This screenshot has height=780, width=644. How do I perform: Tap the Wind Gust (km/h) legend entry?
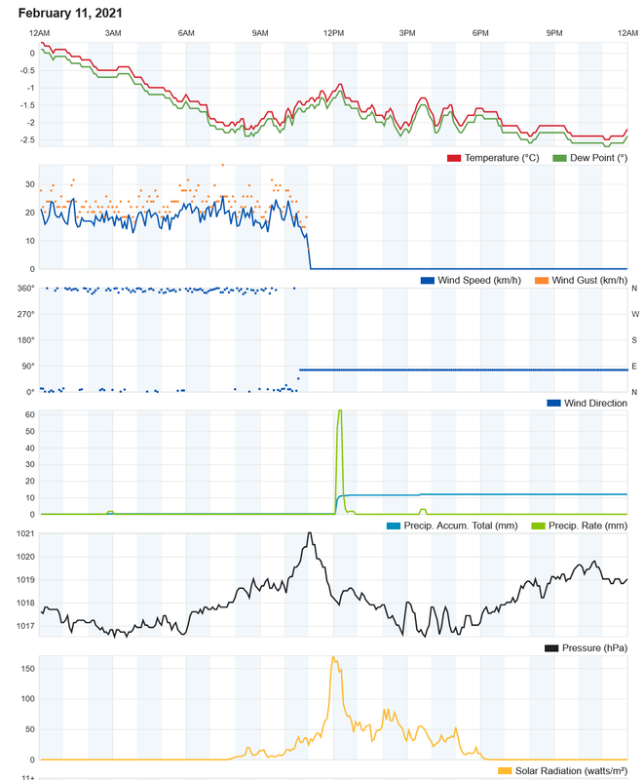point(588,281)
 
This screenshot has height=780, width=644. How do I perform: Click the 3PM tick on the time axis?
point(407,33)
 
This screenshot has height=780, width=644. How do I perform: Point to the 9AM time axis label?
point(260,33)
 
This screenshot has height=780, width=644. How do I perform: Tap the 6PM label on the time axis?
point(480,33)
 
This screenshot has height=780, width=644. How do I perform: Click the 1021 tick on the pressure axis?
point(25,533)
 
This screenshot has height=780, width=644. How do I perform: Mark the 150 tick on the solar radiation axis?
point(27,669)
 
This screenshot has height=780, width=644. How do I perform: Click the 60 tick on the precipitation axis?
point(30,414)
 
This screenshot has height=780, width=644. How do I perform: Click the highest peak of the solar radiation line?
point(333,657)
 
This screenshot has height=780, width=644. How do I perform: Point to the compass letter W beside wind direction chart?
point(634,314)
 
